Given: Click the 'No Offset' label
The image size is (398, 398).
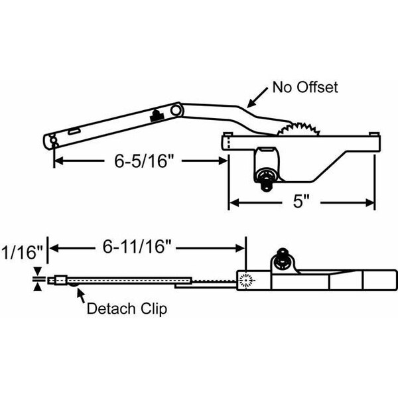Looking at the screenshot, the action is coord(305,88).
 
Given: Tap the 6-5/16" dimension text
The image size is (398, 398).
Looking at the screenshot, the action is coord(144,161).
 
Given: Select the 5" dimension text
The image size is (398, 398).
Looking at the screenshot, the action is coord(301,202).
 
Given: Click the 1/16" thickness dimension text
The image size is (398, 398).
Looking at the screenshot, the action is coord(23,253).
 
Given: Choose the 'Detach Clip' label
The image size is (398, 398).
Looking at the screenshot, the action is coord(127,308).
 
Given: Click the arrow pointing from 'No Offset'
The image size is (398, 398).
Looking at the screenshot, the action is coord(257,98).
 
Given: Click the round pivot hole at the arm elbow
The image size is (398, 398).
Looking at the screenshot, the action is coord(175,110).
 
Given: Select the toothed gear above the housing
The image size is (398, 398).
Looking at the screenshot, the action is coord(298,129).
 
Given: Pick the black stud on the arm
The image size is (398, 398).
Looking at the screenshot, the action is coord(157,116).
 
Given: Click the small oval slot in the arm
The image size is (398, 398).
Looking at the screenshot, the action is coord(74,131).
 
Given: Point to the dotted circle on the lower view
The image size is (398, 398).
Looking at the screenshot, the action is coord(246,280).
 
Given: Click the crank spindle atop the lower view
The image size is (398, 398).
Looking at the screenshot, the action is coord(282,258).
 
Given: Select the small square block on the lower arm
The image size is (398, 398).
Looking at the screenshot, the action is coord(60,280).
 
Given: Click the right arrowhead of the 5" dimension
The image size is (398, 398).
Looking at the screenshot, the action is coord(370,202).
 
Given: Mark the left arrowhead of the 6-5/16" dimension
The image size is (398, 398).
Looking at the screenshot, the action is coord(59,161).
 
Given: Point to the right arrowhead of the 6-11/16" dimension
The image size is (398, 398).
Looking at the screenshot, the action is coord(239,249).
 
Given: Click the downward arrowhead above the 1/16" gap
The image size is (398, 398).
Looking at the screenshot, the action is coord(38,271).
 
